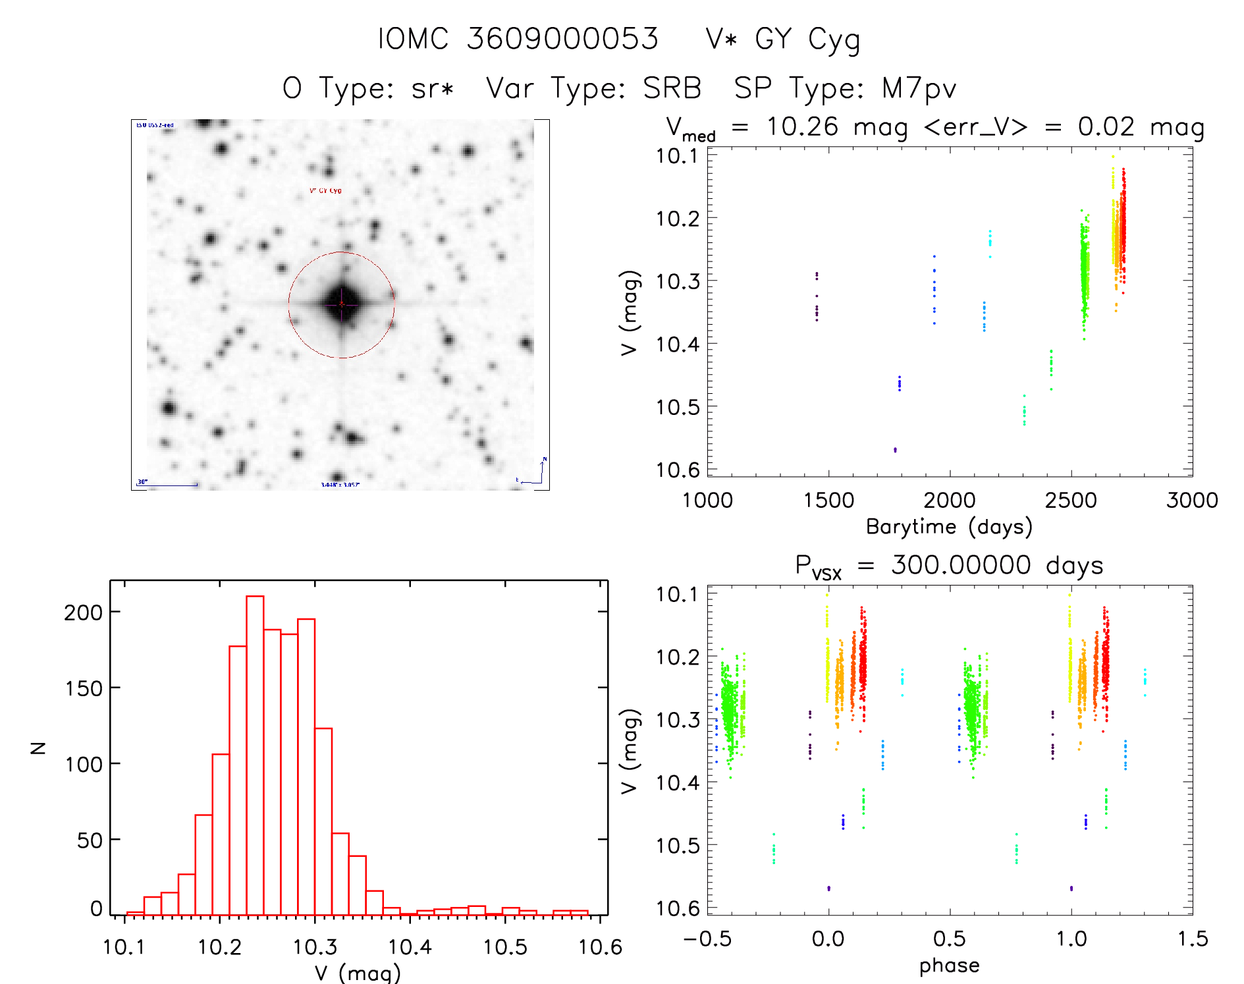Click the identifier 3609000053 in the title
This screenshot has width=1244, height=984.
[x=562, y=39]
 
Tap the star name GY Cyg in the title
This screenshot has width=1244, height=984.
[x=807, y=40]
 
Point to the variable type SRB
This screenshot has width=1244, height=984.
[x=672, y=88]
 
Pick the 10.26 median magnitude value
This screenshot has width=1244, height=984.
[x=802, y=126]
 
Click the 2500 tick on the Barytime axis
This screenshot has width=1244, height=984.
[x=1071, y=501]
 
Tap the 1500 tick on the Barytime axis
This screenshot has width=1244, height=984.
[x=828, y=501]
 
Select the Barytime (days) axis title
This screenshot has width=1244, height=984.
[x=949, y=527]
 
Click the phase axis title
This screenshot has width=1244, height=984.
[x=949, y=966]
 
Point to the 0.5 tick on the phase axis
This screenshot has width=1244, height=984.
[x=949, y=939]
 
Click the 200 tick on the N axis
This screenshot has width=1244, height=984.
[x=83, y=613]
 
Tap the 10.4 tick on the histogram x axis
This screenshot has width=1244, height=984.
[x=410, y=947]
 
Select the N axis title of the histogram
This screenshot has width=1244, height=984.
[x=38, y=748]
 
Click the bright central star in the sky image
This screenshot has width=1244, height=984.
[x=342, y=304]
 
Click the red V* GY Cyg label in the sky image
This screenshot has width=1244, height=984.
[x=325, y=191]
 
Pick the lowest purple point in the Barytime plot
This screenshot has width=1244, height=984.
[x=895, y=450]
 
